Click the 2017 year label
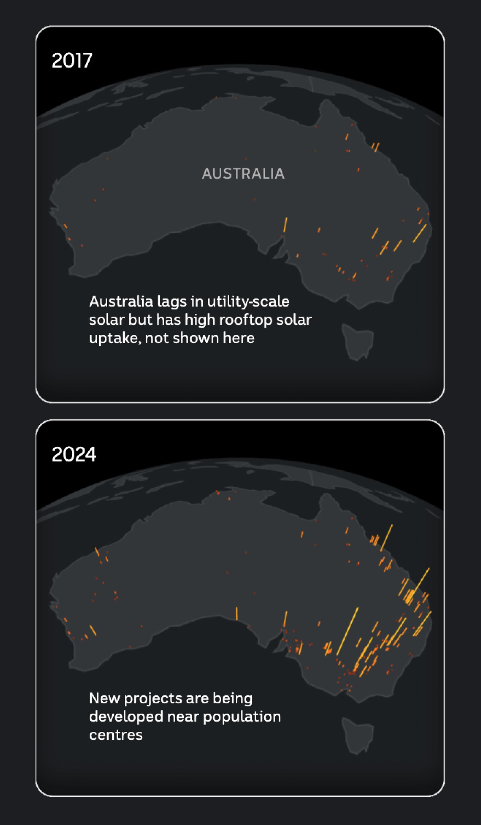(x=72, y=60)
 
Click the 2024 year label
(x=74, y=454)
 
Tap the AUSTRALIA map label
(x=243, y=174)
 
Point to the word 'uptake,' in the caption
(x=115, y=338)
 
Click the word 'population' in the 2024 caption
(x=242, y=717)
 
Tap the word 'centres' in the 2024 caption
(x=116, y=735)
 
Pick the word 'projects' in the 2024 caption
(x=153, y=699)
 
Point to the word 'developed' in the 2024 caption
(x=126, y=717)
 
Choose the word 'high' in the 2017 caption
(x=200, y=320)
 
